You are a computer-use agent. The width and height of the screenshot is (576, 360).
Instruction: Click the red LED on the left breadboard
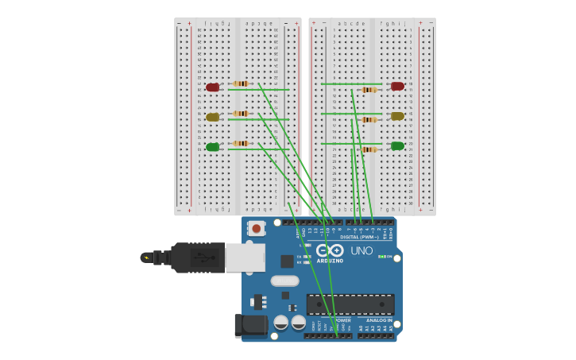(x=212, y=87)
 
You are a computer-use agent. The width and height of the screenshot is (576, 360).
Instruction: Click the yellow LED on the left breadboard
(x=212, y=117)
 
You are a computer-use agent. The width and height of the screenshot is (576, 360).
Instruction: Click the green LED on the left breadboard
(x=212, y=147)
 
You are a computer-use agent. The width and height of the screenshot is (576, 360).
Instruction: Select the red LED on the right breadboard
(x=397, y=86)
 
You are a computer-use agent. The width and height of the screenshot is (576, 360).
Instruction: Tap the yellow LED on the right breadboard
(x=397, y=116)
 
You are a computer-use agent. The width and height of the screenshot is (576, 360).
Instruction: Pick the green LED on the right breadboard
(x=397, y=145)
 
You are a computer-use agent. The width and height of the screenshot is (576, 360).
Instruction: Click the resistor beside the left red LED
(x=241, y=83)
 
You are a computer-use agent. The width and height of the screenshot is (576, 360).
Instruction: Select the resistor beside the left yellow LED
(x=241, y=114)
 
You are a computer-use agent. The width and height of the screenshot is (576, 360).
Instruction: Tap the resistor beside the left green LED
(x=241, y=144)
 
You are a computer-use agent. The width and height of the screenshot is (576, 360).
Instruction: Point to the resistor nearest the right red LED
(x=369, y=90)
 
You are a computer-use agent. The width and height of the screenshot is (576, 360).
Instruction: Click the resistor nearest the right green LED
(x=369, y=149)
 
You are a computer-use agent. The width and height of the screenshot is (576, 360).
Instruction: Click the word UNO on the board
(x=361, y=251)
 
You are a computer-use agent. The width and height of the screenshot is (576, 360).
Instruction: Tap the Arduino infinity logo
(x=331, y=250)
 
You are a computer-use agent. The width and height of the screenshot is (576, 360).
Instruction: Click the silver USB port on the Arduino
(x=245, y=257)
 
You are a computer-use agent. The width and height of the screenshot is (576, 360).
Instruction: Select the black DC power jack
(x=250, y=325)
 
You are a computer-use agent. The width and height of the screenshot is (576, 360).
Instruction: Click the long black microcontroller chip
(x=350, y=304)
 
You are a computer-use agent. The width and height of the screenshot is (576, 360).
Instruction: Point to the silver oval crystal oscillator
(x=284, y=281)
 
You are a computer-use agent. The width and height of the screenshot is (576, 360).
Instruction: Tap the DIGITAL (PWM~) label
(x=359, y=237)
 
